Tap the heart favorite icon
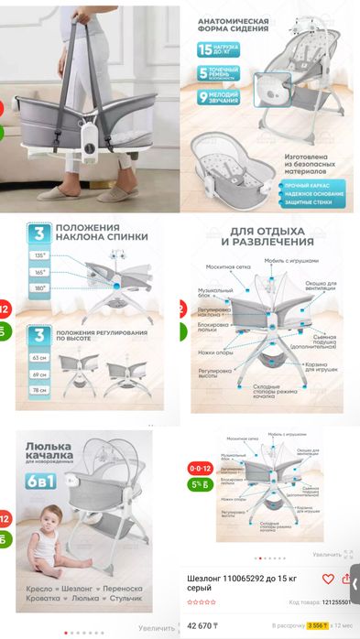click(x=328, y=579)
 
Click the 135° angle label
click(x=40, y=256)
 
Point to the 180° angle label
click(x=40, y=287)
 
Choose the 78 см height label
click(x=39, y=390)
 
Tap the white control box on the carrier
click(x=89, y=139)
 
